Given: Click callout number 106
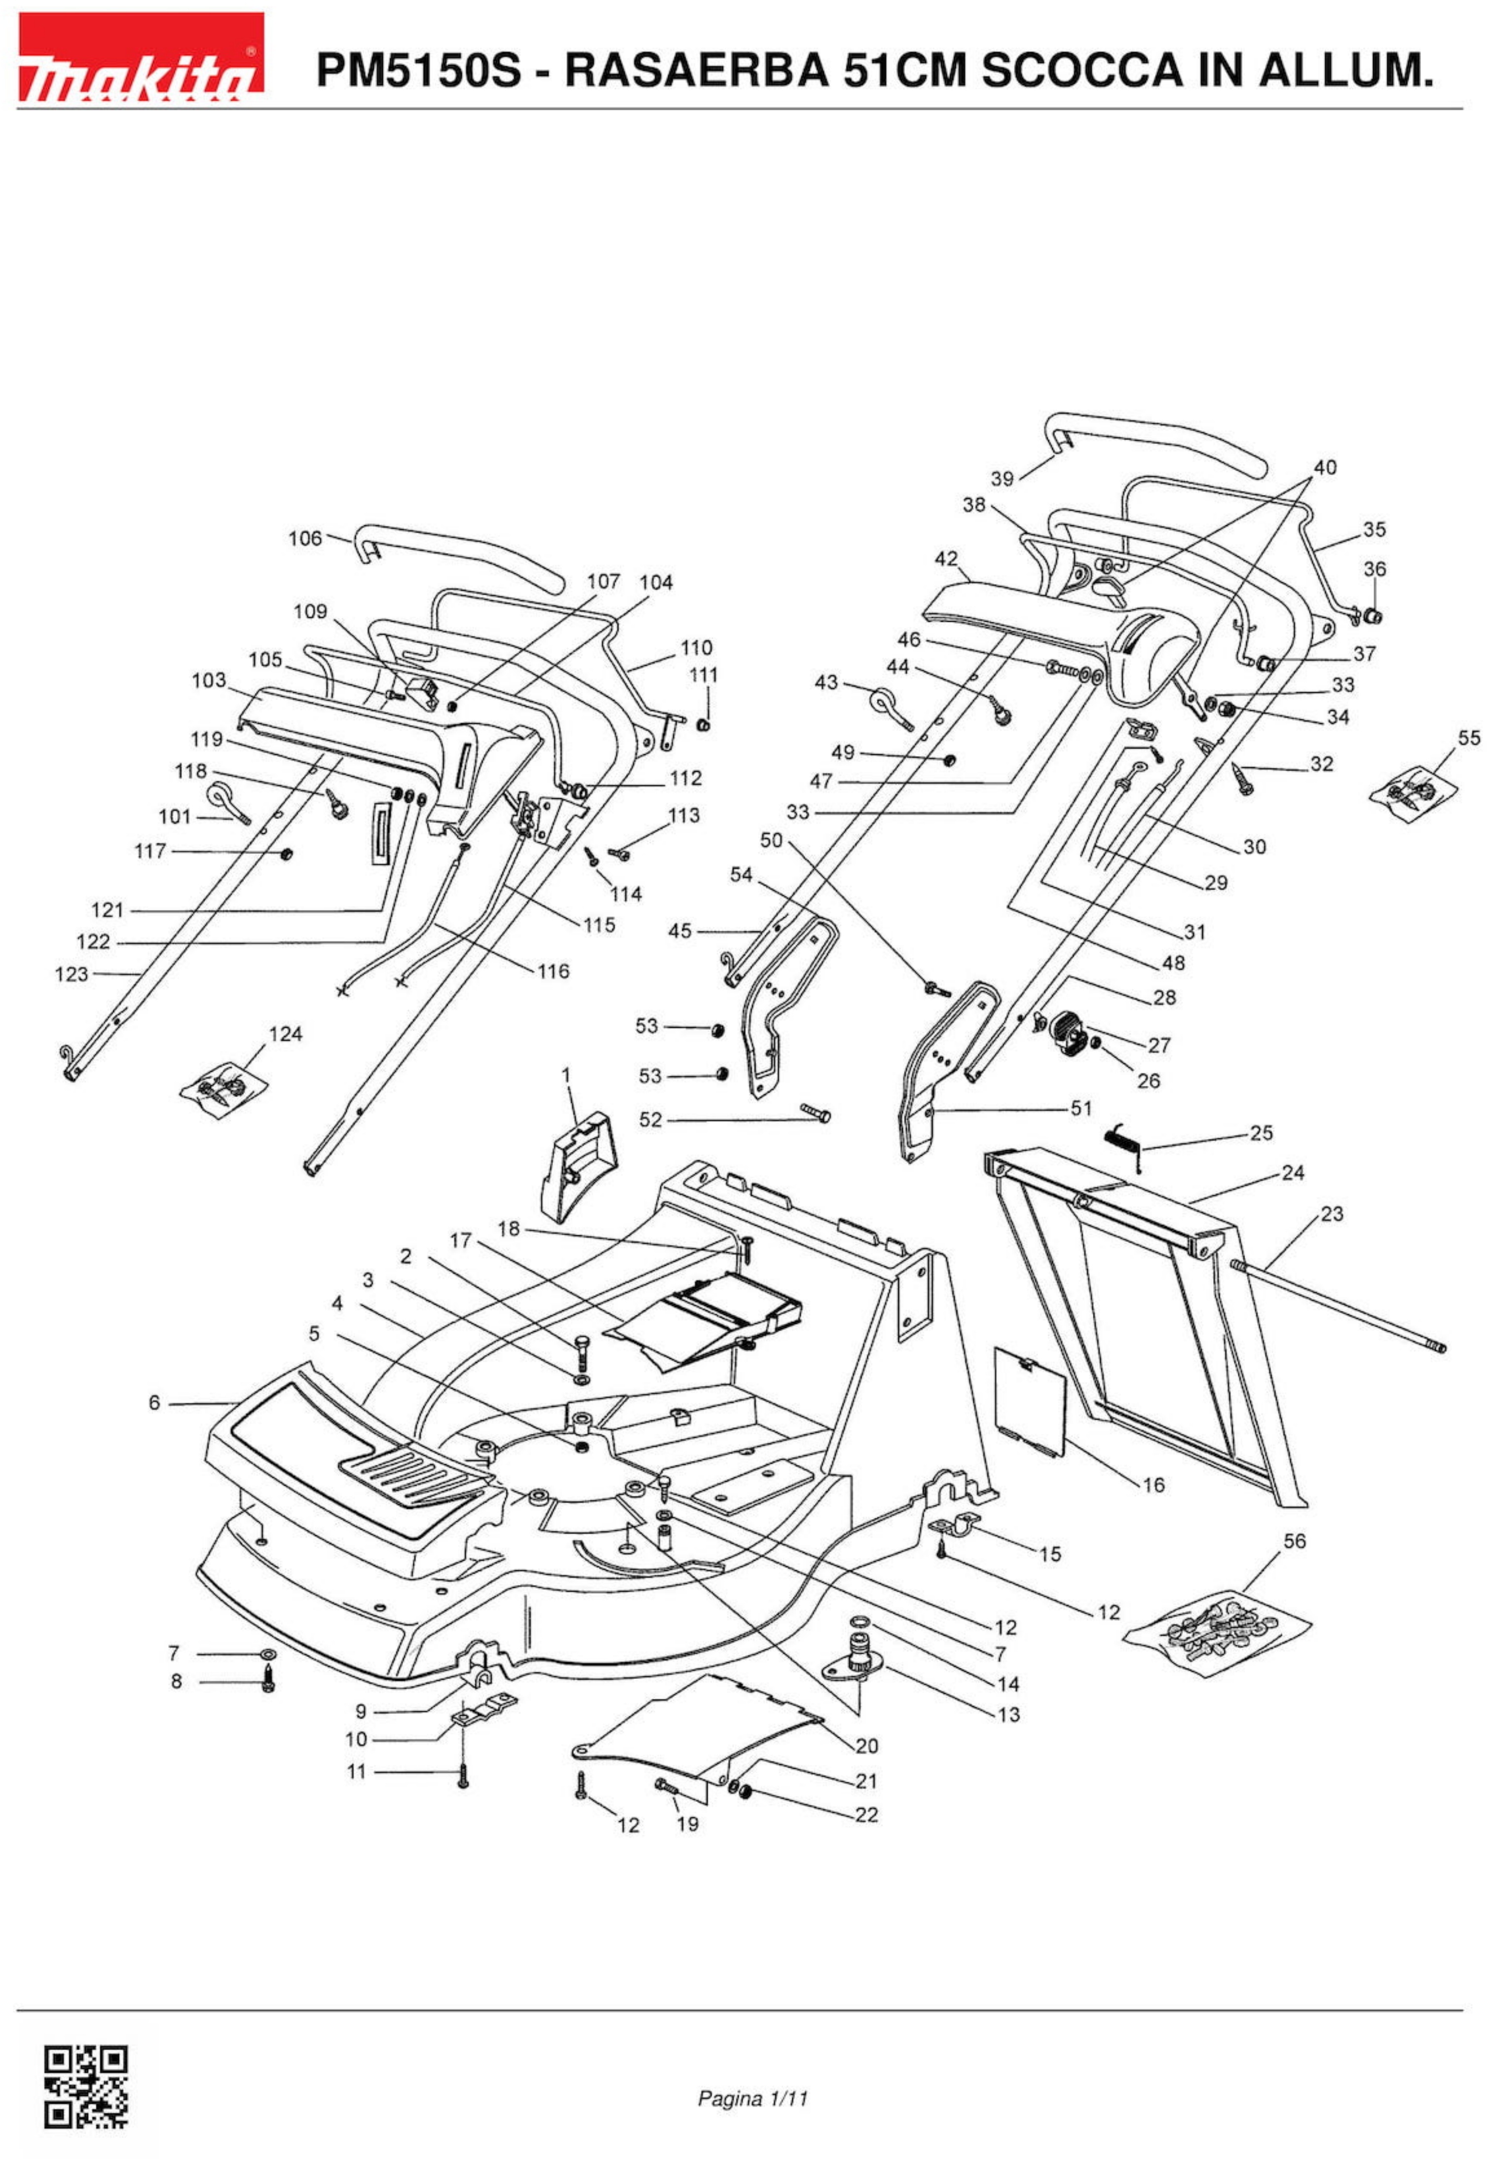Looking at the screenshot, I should (x=305, y=539).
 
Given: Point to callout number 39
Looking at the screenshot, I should (x=1002, y=479).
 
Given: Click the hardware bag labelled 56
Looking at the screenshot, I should (x=1216, y=1627).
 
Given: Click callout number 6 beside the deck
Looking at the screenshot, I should (x=154, y=1402).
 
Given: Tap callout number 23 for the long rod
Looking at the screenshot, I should (x=1332, y=1214).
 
